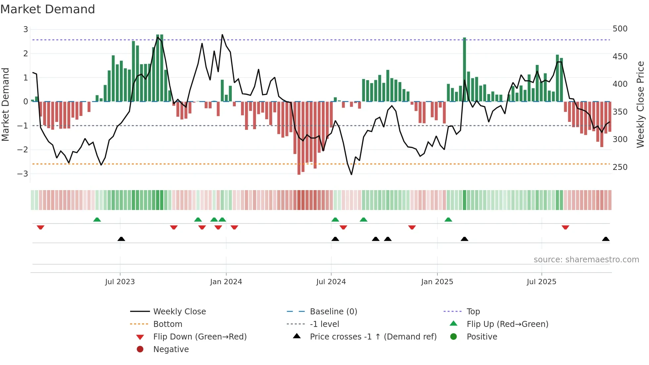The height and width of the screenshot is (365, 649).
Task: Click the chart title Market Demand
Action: (48, 9)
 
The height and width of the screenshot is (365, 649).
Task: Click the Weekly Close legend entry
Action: (179, 311)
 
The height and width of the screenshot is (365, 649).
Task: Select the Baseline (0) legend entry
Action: (333, 311)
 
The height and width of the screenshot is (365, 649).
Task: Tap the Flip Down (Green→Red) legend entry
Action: (200, 337)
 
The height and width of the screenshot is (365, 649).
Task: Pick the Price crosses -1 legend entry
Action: (373, 337)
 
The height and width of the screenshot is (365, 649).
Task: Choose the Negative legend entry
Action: (171, 349)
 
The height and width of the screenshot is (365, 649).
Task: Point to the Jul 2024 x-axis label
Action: (331, 282)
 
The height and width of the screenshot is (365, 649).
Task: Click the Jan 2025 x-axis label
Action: (437, 282)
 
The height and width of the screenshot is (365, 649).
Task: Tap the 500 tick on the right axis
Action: (620, 29)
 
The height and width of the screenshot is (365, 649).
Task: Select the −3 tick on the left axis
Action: (23, 174)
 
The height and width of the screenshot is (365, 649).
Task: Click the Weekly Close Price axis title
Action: (640, 104)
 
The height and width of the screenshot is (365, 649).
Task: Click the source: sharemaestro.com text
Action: (586, 259)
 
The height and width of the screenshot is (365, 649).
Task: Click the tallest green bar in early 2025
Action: (464, 70)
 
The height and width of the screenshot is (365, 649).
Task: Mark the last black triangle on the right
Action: (606, 239)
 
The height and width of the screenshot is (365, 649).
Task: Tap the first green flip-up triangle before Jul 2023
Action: (97, 220)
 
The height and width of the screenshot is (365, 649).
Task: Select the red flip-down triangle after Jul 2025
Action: (565, 227)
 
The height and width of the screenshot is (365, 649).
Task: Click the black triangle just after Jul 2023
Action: (121, 239)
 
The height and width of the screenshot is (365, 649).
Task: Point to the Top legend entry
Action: (473, 311)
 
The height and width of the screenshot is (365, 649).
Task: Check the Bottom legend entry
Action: (168, 324)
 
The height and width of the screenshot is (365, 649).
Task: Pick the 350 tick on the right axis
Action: (620, 112)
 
